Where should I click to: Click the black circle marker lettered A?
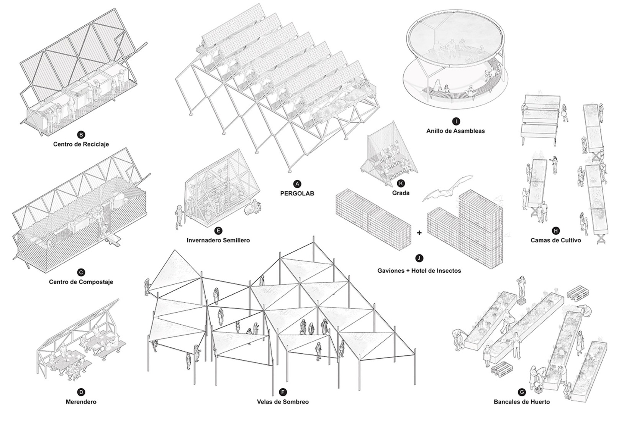click(x=297, y=184)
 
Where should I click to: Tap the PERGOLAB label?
click(x=297, y=193)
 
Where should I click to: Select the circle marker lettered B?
click(x=81, y=135)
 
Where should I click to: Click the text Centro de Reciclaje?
click(x=81, y=144)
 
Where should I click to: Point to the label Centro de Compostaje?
click(x=81, y=282)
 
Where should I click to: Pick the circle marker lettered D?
click(x=81, y=392)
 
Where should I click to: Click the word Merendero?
click(x=81, y=402)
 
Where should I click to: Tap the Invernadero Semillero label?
click(x=218, y=240)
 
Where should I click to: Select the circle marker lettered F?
click(x=283, y=392)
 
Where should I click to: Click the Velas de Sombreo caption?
click(x=283, y=402)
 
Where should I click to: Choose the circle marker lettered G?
click(x=521, y=392)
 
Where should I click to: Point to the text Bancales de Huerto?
click(x=521, y=402)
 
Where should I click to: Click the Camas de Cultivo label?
click(x=555, y=240)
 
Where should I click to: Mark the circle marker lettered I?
click(x=455, y=121)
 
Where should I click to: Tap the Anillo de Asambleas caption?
click(x=455, y=131)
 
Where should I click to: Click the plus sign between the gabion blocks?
click(x=419, y=232)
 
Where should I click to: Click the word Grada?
click(x=401, y=193)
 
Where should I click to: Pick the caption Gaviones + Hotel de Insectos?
click(x=419, y=270)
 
